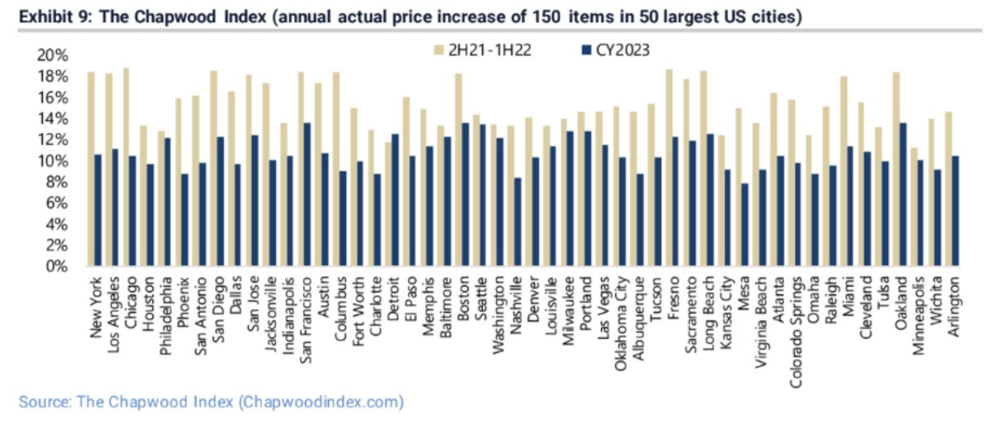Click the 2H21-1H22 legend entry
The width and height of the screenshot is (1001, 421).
(489, 50)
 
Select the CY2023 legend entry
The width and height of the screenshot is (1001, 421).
(622, 50)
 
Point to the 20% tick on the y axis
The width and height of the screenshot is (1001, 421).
(53, 56)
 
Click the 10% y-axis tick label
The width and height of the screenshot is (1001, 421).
(53, 161)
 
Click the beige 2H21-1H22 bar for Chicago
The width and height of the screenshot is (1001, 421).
(126, 167)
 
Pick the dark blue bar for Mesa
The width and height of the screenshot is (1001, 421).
(745, 224)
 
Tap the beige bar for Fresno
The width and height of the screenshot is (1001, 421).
(669, 167)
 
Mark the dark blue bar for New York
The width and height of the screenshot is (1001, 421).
(98, 210)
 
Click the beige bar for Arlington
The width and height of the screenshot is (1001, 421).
(949, 189)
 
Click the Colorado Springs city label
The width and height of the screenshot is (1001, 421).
(795, 332)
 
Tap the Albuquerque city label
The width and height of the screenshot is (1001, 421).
(638, 318)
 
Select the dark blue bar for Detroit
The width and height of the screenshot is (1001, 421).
(396, 200)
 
